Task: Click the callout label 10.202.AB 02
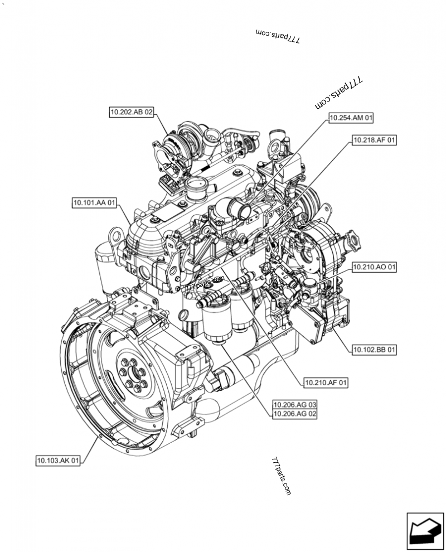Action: (x=131, y=112)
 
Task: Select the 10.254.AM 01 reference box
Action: (x=351, y=118)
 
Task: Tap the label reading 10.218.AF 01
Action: (x=374, y=141)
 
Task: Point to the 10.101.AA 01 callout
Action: (x=94, y=203)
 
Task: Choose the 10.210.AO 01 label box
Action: (x=374, y=268)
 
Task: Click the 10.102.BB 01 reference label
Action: (x=374, y=350)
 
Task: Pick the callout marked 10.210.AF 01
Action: (x=326, y=382)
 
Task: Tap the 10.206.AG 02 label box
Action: (x=295, y=414)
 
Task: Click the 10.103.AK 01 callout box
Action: (x=58, y=461)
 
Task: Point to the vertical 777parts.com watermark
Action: (x=282, y=477)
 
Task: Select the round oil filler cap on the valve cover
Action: (x=196, y=185)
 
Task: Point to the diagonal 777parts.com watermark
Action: (x=339, y=93)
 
